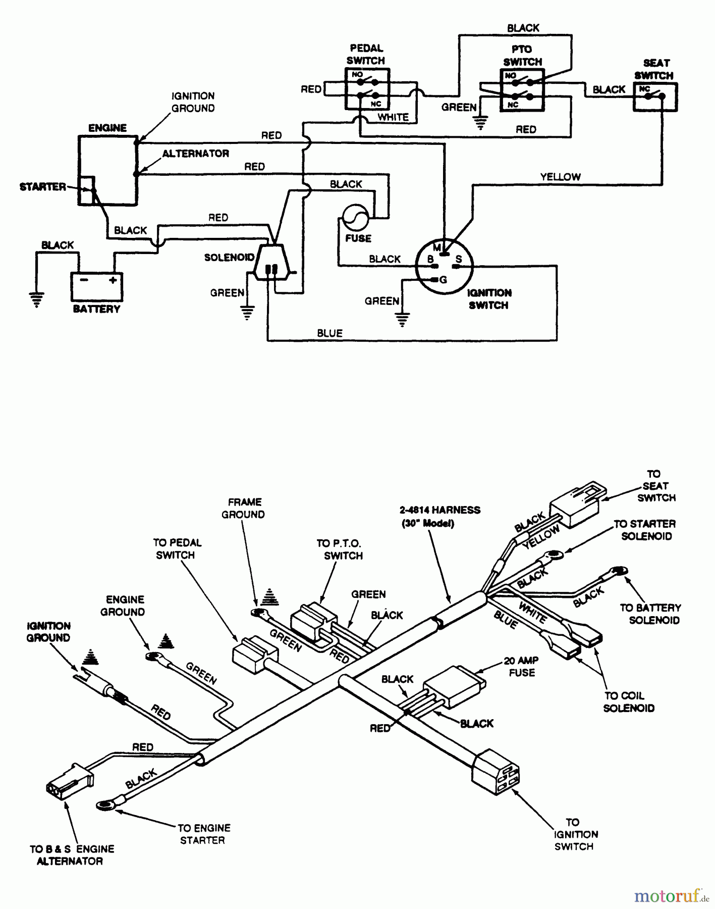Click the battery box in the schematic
[96, 286]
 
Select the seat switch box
[655, 97]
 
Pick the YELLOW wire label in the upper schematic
[560, 177]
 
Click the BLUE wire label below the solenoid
[329, 333]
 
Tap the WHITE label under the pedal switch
[393, 117]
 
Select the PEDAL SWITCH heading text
[366, 55]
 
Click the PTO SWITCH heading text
[522, 56]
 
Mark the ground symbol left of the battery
[36, 299]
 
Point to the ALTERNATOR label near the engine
[195, 154]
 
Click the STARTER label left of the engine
[43, 187]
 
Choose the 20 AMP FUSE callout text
[521, 667]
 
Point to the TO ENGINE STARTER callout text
[203, 834]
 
